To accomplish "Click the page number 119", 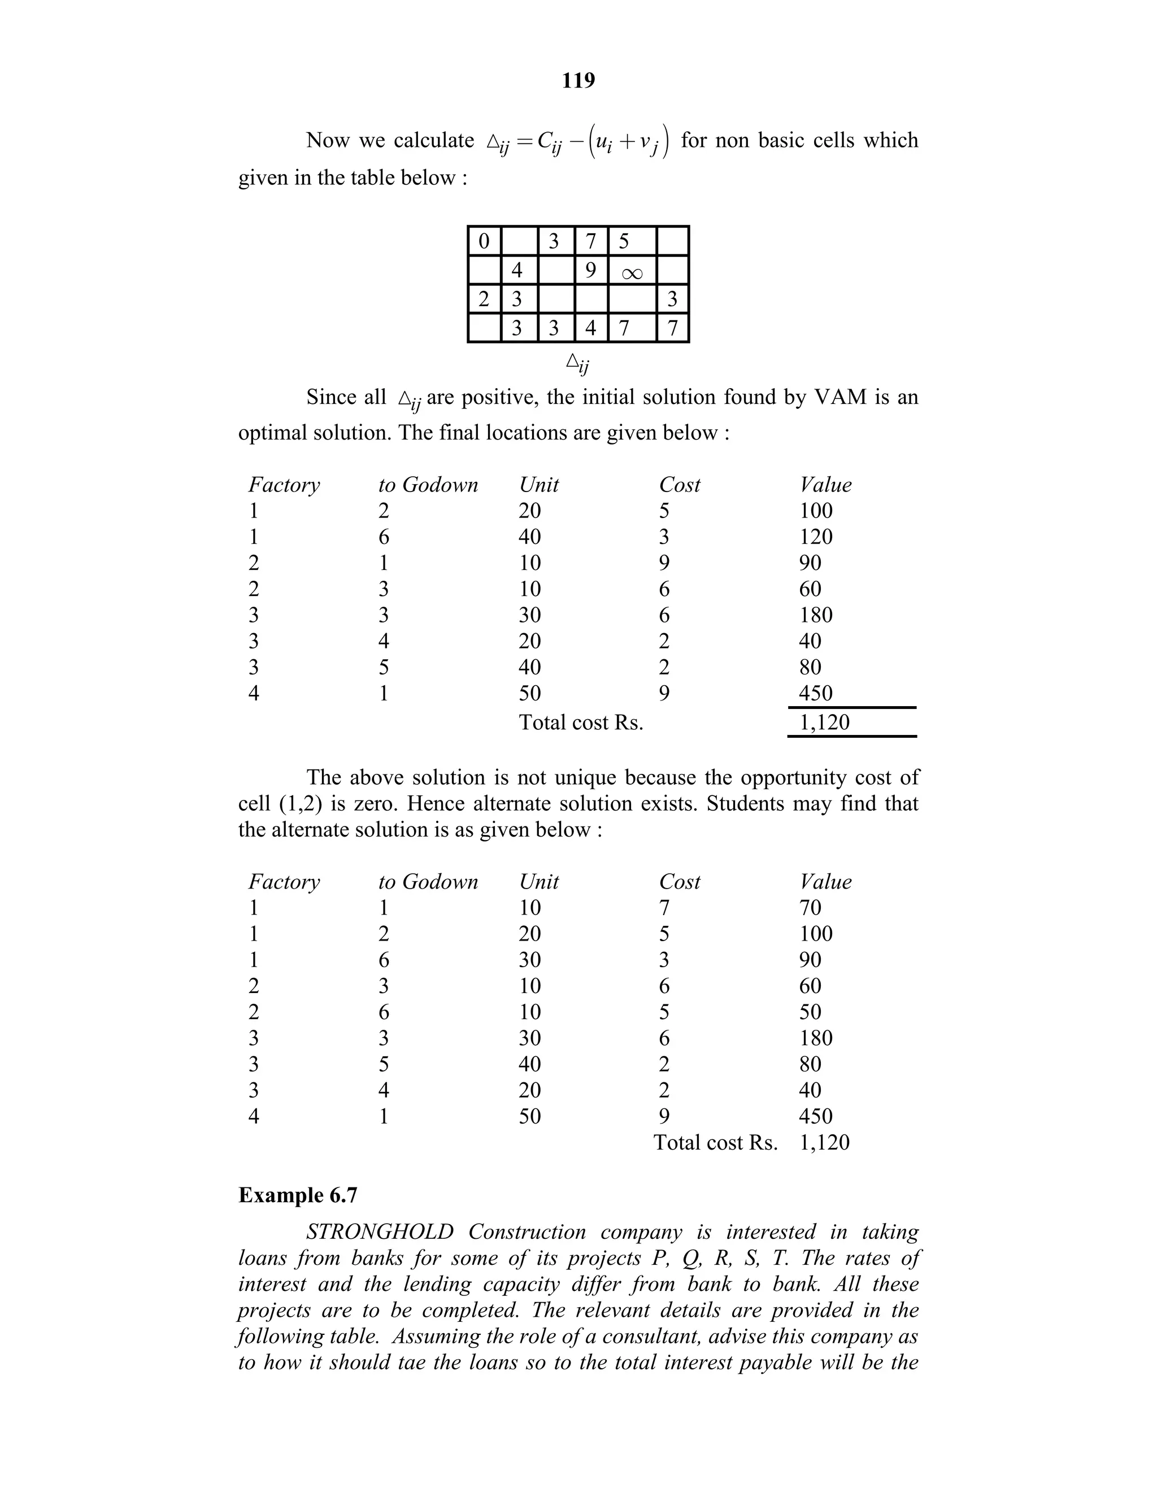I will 578,81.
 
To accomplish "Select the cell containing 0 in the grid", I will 484,241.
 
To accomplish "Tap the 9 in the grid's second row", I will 590,270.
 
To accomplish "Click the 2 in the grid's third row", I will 484,299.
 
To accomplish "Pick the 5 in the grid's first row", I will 623,241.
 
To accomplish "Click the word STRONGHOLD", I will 380,1231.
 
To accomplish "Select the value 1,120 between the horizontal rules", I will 825,722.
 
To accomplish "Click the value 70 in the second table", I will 810,908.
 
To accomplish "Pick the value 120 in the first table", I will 816,537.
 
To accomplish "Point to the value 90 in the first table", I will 810,563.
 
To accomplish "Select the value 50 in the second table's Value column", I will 810,1012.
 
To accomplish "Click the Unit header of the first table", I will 539,485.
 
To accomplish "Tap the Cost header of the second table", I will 679,881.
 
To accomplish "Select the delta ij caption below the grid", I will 578,363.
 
